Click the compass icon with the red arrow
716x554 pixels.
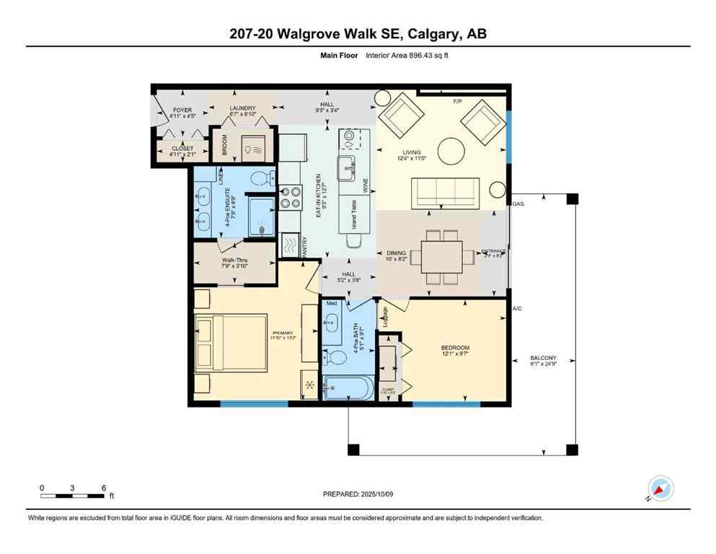tap(660, 488)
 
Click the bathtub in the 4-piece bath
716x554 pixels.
tap(348, 388)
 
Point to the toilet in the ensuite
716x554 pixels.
tap(261, 177)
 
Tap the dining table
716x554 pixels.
tap(441, 255)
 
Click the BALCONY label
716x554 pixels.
tap(543, 358)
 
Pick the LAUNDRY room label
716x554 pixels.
tap(242, 109)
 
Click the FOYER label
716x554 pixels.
tap(181, 110)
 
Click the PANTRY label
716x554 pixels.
tap(305, 247)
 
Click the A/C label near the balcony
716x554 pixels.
tap(516, 309)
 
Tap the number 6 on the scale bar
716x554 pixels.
tap(105, 488)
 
